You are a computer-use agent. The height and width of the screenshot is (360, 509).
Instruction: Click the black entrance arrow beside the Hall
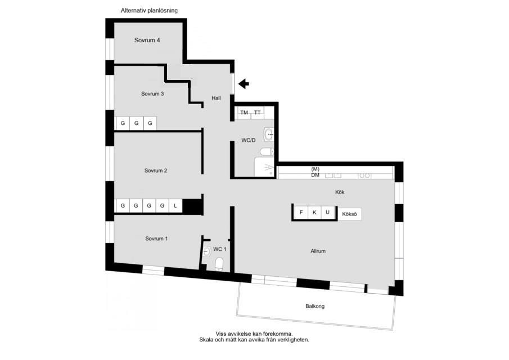(x=244, y=84)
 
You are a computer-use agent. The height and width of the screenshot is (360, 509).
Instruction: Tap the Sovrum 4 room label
(x=147, y=40)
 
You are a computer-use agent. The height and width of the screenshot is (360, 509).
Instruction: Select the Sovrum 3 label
(x=152, y=94)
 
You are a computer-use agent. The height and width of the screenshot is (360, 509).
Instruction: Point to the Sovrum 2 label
(x=156, y=170)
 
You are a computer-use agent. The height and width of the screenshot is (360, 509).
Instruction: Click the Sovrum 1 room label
(x=156, y=238)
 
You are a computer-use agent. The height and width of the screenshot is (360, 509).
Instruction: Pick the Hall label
(x=216, y=98)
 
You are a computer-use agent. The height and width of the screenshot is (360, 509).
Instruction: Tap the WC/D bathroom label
(x=249, y=140)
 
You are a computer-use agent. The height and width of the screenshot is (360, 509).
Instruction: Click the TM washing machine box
(x=244, y=112)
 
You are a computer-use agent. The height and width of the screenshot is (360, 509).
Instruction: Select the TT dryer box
(x=258, y=112)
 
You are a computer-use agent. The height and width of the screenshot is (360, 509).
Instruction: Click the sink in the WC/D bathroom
(x=269, y=134)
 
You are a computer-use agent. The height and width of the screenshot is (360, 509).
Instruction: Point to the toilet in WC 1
(x=219, y=264)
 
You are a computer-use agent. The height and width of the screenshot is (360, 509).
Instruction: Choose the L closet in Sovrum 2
(x=175, y=205)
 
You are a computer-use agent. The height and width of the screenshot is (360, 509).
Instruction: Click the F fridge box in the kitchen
(x=301, y=213)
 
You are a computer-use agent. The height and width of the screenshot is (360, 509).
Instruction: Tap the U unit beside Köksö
(x=327, y=213)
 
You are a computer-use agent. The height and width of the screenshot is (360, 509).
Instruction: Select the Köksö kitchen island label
(x=349, y=214)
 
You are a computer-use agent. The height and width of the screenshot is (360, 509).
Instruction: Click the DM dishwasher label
(x=315, y=175)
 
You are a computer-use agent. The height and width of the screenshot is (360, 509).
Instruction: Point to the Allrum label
(x=318, y=251)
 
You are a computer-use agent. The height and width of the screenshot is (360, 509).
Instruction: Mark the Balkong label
(x=315, y=306)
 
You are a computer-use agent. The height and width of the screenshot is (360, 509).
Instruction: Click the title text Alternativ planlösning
(x=149, y=10)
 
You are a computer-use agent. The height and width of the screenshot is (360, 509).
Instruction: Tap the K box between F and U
(x=314, y=213)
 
